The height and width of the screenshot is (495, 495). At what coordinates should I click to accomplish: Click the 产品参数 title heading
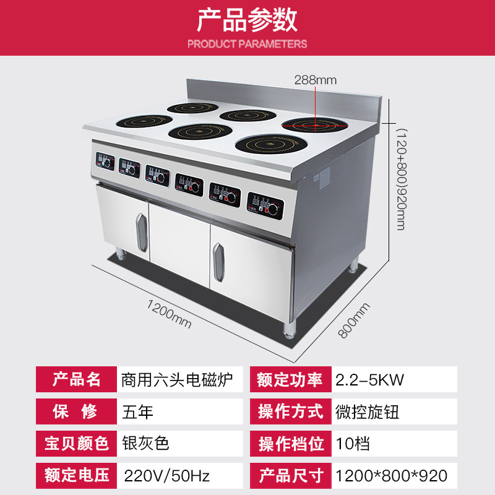[247, 20]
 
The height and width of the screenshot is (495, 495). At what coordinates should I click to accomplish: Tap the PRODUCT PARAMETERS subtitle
[247, 44]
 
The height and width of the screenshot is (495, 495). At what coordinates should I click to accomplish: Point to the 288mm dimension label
[315, 79]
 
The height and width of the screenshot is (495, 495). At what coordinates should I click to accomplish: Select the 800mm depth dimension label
[354, 320]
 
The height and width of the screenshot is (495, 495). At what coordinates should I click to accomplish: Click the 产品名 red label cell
[77, 379]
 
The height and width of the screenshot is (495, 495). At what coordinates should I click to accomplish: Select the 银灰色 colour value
[146, 443]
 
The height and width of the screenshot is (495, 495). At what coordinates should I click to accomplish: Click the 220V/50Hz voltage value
[167, 476]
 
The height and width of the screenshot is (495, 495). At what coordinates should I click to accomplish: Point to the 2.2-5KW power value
[369, 379]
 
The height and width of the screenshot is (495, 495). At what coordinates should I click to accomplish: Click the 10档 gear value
[352, 443]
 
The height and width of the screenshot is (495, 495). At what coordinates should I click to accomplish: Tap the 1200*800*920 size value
[390, 476]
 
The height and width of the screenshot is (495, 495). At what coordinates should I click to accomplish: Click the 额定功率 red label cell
[291, 379]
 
